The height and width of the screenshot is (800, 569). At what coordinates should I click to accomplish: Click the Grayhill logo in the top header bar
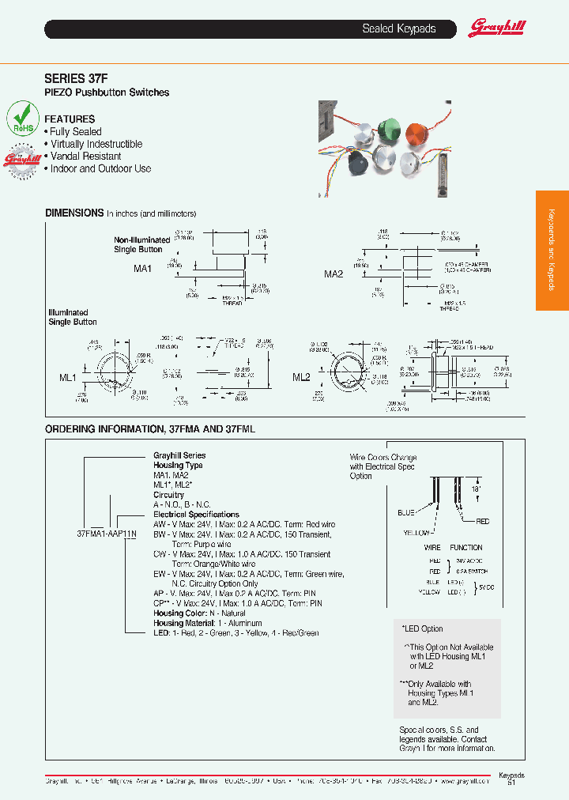[x=497, y=28]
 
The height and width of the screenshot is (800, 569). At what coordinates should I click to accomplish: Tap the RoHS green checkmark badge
[x=23, y=119]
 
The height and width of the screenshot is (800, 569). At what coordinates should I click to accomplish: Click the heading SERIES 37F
[x=75, y=78]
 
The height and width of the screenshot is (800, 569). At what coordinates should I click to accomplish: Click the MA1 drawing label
[x=142, y=269]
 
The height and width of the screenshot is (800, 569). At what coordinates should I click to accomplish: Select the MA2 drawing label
[x=333, y=274]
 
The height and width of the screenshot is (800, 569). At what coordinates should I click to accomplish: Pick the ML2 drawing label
[x=301, y=378]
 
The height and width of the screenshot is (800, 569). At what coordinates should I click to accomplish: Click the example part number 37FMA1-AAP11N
[x=107, y=534]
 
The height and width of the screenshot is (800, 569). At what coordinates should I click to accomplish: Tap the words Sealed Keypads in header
[x=398, y=28]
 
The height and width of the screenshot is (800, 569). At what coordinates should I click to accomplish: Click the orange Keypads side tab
[x=552, y=251]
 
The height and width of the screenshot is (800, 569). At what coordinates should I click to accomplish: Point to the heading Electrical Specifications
[x=196, y=515]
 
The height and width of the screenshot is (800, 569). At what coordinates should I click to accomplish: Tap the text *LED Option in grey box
[x=423, y=628]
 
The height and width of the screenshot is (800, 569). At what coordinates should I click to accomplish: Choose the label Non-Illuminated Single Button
[x=141, y=244]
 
